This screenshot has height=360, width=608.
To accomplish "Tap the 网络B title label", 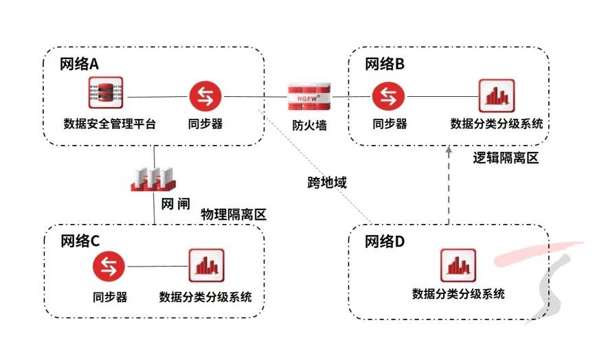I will tap(384, 65).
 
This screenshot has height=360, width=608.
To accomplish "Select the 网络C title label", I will tap(80, 240).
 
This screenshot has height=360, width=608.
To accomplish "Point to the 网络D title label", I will tap(385, 241).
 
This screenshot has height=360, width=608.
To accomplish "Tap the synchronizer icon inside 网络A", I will tap(205, 96).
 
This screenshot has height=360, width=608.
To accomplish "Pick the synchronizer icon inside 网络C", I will tap(110, 266).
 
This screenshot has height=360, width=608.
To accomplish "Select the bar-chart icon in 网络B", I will tap(497, 96).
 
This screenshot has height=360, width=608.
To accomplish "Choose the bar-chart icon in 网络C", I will tap(205, 266).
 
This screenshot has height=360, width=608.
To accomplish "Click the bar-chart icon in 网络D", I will tap(458, 265).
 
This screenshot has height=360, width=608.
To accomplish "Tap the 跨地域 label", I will tap(327, 183).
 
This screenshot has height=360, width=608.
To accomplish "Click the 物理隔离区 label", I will tap(233, 214).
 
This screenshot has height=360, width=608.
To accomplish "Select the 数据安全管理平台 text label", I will tap(110, 124).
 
